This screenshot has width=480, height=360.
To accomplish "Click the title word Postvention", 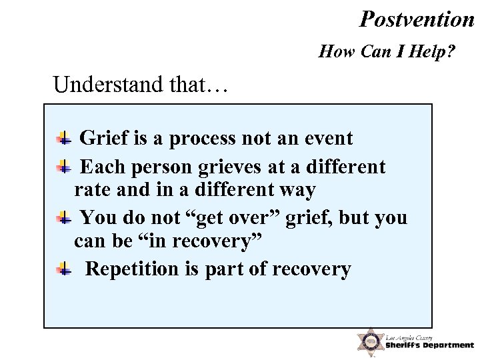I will [x=416, y=19].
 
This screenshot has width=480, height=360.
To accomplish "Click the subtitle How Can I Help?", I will [x=387, y=51].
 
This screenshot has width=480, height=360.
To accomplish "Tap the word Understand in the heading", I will [x=107, y=85].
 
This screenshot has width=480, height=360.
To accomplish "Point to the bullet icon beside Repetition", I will [x=65, y=269].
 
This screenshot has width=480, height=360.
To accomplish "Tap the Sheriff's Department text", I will [x=429, y=345].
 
